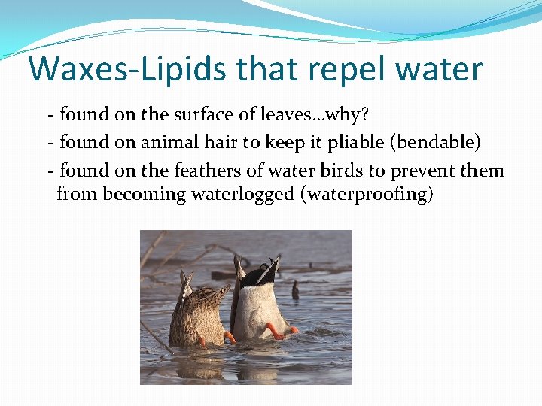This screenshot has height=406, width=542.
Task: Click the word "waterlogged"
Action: [243, 194]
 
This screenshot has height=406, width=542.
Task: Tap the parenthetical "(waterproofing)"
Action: [367, 194]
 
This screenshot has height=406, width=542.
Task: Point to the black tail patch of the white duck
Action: [263, 274]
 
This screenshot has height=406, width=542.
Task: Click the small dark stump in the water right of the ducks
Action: [296, 290]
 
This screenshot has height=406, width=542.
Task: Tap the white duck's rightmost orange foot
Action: [290, 330]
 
